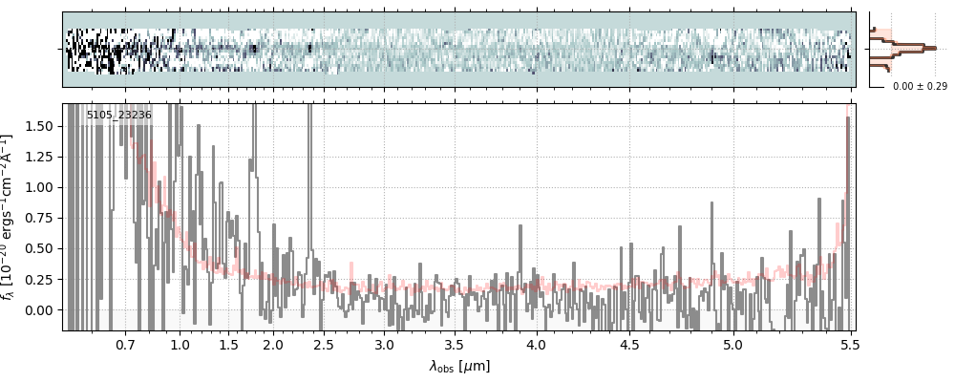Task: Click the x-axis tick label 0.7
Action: (x=125, y=344)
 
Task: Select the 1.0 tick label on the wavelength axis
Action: (x=180, y=344)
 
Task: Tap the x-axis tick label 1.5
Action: (x=228, y=344)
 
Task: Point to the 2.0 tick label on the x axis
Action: (x=273, y=344)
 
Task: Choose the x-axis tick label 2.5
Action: (x=324, y=344)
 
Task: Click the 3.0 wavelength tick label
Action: (x=384, y=344)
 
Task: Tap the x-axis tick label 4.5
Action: (x=629, y=344)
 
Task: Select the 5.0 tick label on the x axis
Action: (x=732, y=344)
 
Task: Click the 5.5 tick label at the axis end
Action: (x=846, y=344)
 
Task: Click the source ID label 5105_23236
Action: (x=118, y=116)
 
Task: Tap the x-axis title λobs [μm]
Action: (x=459, y=366)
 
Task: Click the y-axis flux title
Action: (x=12, y=218)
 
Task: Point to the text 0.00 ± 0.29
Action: (x=920, y=87)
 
